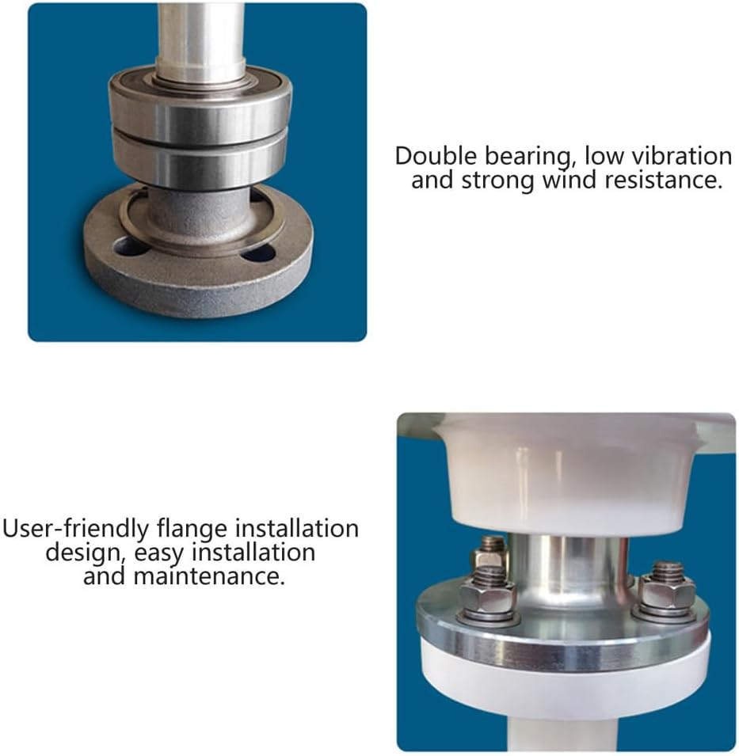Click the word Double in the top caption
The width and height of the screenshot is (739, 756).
(x=436, y=156)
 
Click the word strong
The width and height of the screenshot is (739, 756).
(x=498, y=181)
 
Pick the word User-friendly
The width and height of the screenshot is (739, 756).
(x=76, y=529)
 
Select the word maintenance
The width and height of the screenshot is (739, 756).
(x=208, y=576)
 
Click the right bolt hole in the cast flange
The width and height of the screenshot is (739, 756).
(x=258, y=253)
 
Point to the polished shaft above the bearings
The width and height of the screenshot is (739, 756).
(x=200, y=39)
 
